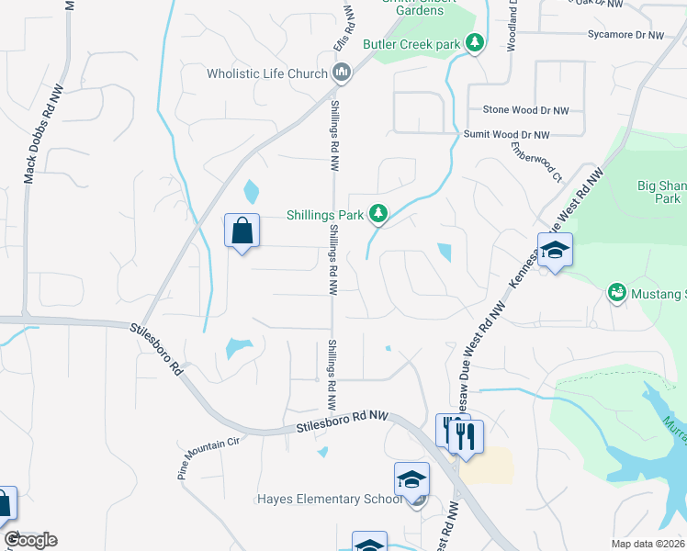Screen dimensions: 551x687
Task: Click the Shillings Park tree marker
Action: click(377, 214)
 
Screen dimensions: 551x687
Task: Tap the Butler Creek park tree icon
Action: click(475, 43)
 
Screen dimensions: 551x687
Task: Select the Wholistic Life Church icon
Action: click(342, 73)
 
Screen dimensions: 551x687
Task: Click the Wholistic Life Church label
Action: click(267, 73)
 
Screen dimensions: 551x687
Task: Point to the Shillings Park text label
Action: click(325, 215)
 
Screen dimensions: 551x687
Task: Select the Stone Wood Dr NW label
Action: click(525, 110)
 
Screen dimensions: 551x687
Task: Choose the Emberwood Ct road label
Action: click(536, 162)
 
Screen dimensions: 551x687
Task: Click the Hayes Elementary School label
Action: click(330, 500)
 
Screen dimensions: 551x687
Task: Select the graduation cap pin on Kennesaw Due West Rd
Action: click(555, 250)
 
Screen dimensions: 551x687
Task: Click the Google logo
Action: click(29, 540)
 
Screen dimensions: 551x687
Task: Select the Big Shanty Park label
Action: click(660, 191)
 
